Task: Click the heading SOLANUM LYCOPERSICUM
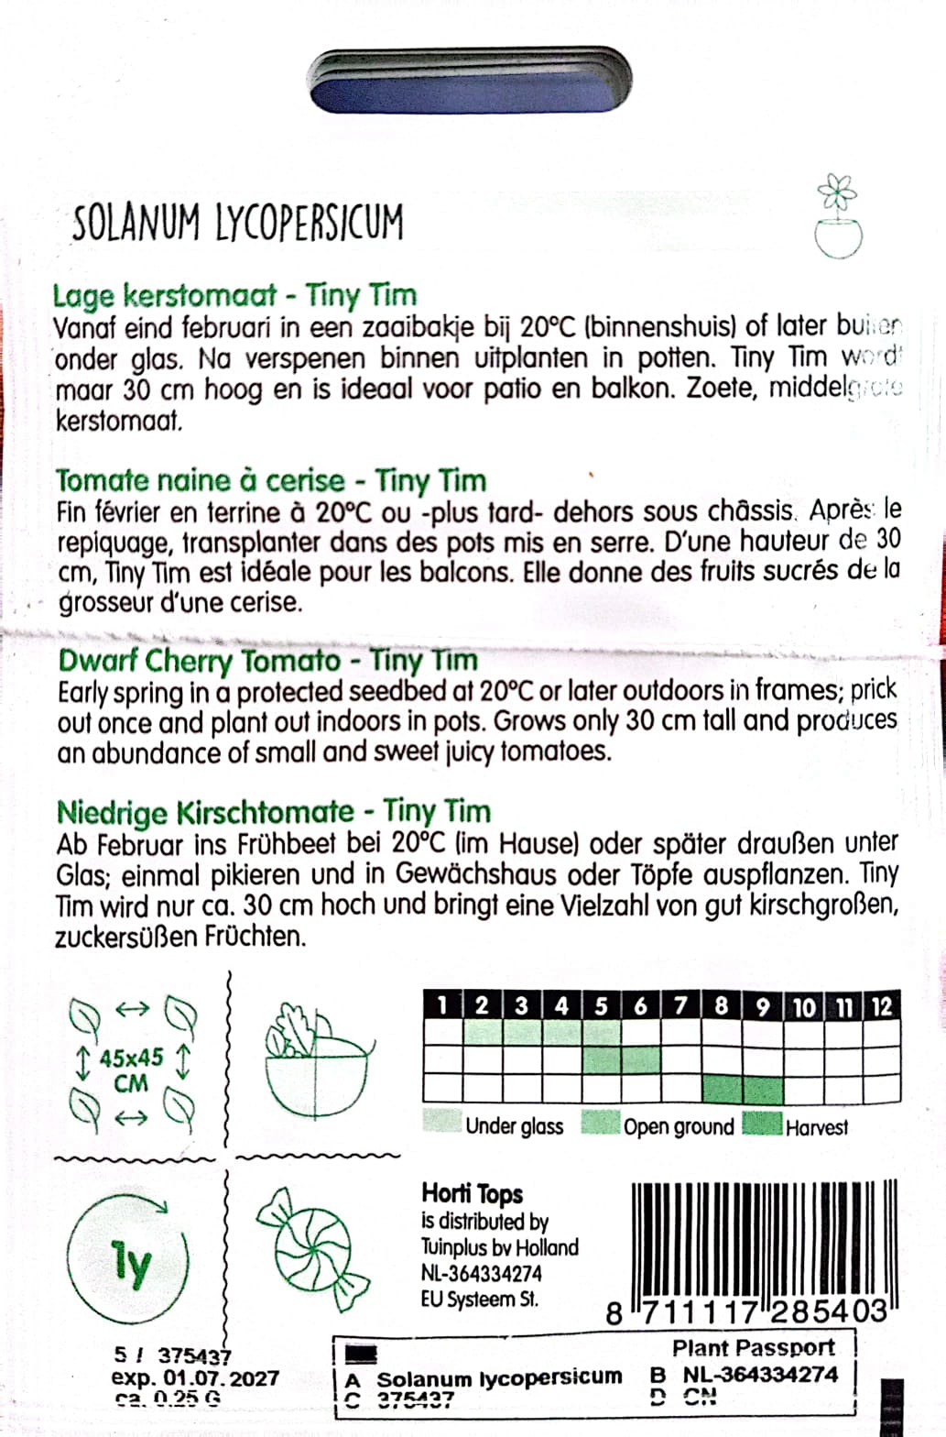[x=237, y=223]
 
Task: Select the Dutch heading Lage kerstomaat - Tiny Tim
[x=234, y=295]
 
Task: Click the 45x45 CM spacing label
[x=131, y=1070]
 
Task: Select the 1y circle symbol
[x=129, y=1264]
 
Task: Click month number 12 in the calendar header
[x=881, y=1007]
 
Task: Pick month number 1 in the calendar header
[x=442, y=1006]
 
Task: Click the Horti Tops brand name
[x=472, y=1193]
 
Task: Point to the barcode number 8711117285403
[x=746, y=1311]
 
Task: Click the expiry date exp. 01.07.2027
[x=195, y=1377]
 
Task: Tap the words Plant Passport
[x=753, y=1348]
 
